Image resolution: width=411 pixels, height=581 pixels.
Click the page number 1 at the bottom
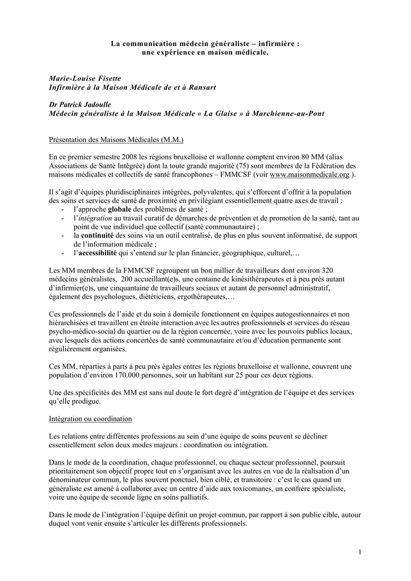[x=360, y=553]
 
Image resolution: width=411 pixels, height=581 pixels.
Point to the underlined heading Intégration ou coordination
[x=91, y=419]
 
